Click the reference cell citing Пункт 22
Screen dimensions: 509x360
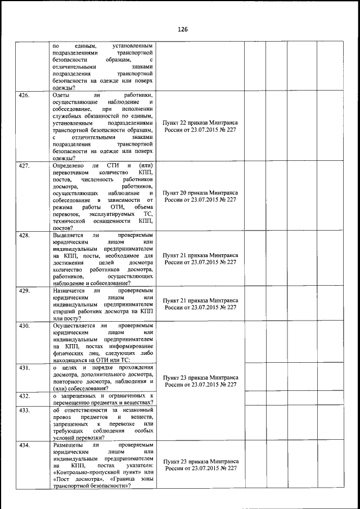(200, 125)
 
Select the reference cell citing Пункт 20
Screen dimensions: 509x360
(200, 196)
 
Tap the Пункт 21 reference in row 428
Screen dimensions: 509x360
(200, 258)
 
